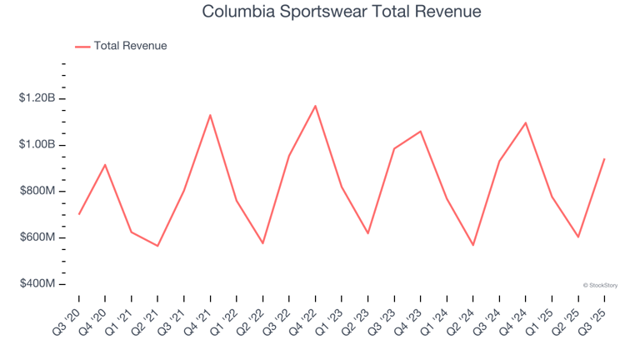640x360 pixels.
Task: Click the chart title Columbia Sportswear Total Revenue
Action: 342,12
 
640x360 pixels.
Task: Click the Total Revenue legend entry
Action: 130,46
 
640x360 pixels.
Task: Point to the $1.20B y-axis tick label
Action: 37,98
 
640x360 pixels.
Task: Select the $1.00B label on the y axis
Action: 37,145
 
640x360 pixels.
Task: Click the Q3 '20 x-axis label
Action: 68,318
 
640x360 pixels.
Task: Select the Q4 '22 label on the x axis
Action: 305,318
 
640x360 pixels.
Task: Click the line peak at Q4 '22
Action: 316,106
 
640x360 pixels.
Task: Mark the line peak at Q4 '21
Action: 210,115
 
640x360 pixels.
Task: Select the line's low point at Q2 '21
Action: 157,246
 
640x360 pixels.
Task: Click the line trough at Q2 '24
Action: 473,245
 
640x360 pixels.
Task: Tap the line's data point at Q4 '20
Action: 105,164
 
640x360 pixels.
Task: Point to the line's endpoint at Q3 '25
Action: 604,158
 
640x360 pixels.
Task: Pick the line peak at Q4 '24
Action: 526,122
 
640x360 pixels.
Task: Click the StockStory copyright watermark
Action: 600,285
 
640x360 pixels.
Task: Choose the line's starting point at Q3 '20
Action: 79,214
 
